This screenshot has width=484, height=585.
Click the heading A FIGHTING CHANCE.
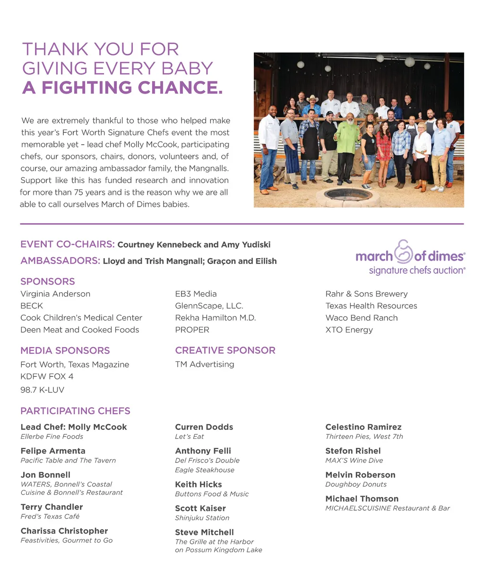[122, 87]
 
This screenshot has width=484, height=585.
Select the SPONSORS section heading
[48, 281]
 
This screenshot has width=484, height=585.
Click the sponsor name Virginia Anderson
[55, 294]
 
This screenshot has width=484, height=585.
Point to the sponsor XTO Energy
[349, 330]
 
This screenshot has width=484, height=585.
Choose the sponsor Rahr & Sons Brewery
[366, 294]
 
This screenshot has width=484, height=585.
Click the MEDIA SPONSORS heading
[65, 350]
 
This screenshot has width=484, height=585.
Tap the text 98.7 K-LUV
[42, 390]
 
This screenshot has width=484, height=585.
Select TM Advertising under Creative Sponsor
[204, 364]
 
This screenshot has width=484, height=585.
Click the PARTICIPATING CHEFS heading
[75, 411]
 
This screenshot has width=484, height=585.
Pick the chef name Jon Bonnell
[45, 475]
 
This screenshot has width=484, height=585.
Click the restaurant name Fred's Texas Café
[50, 516]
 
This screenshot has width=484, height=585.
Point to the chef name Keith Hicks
[199, 484]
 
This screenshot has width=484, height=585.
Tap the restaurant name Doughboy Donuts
[356, 484]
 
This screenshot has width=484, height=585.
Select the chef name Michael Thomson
[362, 498]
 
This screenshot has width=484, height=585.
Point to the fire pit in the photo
[349, 194]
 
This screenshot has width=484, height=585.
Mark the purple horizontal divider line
[242, 224]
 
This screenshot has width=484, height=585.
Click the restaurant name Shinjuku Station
[202, 518]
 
